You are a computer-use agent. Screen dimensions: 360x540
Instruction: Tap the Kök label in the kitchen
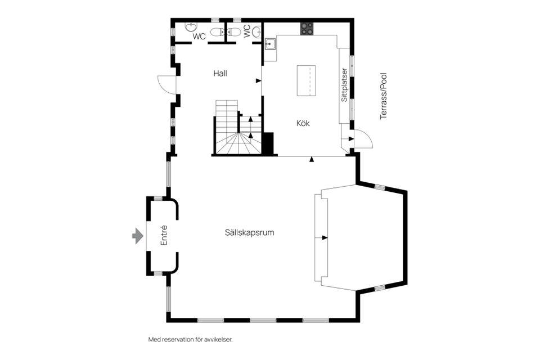click(303, 123)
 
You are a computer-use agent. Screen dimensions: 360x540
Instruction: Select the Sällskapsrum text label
click(249, 232)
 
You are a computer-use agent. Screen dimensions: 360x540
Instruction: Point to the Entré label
click(164, 235)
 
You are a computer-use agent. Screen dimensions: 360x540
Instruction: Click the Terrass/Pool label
click(384, 96)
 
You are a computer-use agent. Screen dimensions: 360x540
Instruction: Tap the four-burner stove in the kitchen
click(307, 29)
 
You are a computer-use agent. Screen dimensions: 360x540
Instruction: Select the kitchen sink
click(270, 44)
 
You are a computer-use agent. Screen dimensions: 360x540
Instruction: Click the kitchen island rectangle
click(306, 81)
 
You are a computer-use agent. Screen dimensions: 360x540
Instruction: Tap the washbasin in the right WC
click(256, 31)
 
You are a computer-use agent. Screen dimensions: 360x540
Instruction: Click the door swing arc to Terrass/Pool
click(363, 138)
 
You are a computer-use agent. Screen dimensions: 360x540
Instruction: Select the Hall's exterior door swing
click(166, 84)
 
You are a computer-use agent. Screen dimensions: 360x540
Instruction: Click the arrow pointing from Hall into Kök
click(258, 80)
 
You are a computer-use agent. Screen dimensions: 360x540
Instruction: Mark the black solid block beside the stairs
click(268, 143)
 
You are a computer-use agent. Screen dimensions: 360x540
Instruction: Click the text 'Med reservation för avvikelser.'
click(190, 339)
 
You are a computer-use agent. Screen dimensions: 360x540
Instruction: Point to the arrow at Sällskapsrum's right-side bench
click(325, 237)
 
